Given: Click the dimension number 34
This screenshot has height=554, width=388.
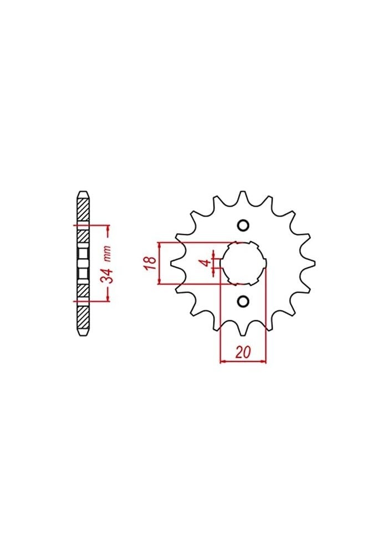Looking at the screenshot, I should coord(109,275).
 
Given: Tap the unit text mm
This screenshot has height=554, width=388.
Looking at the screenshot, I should coord(109,254).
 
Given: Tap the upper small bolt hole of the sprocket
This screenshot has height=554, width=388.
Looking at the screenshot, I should coord(243,225).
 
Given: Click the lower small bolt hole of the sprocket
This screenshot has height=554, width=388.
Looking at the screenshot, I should coord(243,301).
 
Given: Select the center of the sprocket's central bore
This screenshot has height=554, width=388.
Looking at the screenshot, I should coord(243,264).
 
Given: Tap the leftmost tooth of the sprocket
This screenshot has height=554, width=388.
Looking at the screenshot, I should coord(173,264).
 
